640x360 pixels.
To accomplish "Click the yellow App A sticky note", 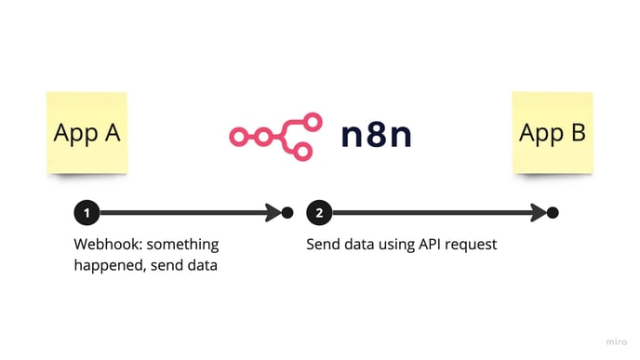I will point(87,132).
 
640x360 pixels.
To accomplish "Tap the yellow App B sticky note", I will point(552,132).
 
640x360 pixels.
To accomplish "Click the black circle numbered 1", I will point(87,213).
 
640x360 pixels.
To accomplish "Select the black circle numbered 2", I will point(319,213).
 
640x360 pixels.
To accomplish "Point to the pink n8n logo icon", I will point(275,135).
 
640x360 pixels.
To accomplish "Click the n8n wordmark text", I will point(376,135).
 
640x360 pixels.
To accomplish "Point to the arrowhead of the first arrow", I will point(272,213).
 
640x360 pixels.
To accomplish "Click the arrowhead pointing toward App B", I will point(537,213).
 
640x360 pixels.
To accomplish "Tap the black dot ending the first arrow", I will point(287,213).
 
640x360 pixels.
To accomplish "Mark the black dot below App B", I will point(553,213).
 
